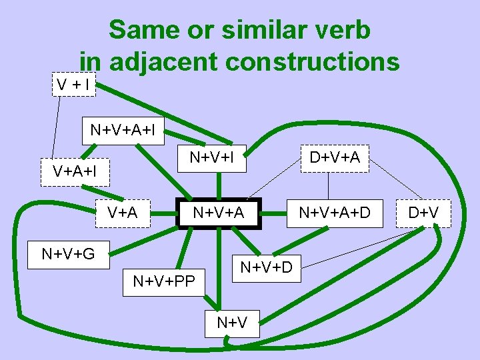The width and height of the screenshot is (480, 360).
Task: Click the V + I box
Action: [x=74, y=85]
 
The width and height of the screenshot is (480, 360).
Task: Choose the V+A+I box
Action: [x=75, y=171]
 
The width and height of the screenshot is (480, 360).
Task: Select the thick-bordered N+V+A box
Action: [x=218, y=213]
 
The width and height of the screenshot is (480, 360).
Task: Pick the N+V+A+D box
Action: [x=333, y=213]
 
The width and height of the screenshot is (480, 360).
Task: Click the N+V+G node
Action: [x=68, y=254]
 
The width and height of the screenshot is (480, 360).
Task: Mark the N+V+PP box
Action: [x=164, y=281]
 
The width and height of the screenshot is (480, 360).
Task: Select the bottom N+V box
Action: [x=232, y=323]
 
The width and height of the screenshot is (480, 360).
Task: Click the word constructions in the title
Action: [x=313, y=61]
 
